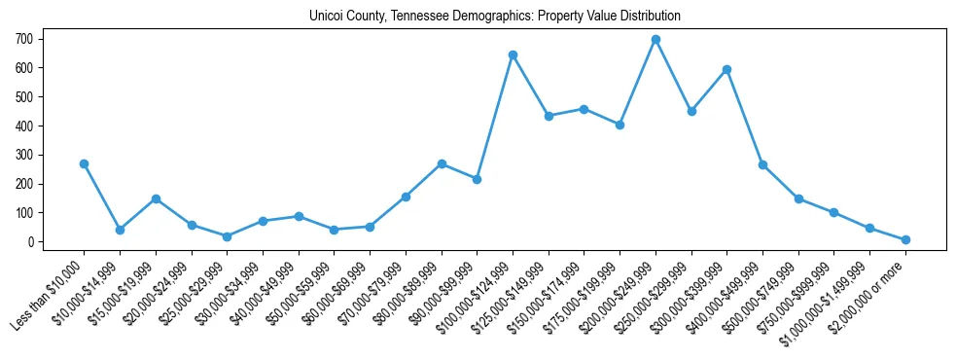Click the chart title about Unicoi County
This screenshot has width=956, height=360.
click(494, 17)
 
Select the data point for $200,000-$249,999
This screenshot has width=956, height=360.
click(655, 40)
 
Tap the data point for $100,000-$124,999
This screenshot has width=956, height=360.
click(513, 54)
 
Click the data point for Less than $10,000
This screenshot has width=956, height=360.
click(84, 163)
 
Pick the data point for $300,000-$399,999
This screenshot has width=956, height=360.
click(726, 69)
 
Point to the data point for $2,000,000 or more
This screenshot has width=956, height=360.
click(905, 239)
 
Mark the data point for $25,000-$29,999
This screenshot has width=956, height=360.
click(227, 236)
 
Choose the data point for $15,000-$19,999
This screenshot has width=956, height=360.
click(156, 198)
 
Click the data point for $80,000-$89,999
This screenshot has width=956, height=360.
click(442, 163)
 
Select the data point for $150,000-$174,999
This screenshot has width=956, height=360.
click(584, 109)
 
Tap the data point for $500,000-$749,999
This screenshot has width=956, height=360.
click(798, 198)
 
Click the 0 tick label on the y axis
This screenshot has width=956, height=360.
click(31, 241)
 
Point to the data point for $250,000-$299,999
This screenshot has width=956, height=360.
click(691, 111)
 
